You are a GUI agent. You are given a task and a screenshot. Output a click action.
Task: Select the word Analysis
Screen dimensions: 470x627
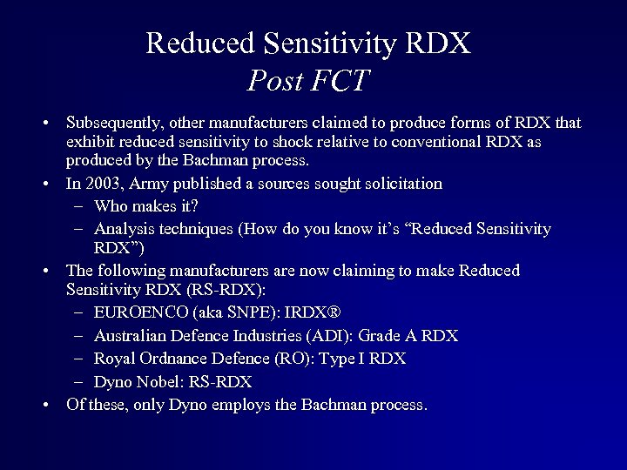(124, 229)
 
